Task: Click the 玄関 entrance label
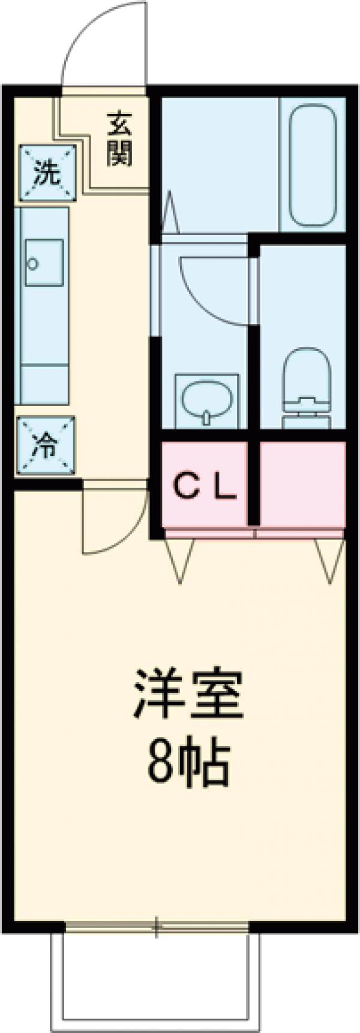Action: coord(119,140)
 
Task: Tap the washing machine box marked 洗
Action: coord(47,173)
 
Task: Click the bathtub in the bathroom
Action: coord(311,166)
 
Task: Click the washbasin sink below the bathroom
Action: coord(206,401)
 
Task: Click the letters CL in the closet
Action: coord(206,488)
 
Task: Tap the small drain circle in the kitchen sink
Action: coord(33,263)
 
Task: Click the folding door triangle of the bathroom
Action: coord(170,213)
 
